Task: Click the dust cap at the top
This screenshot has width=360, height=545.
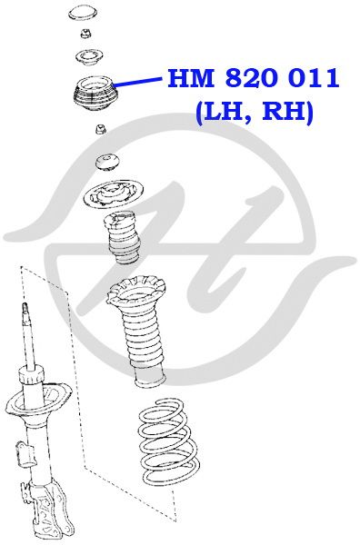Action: (83, 13)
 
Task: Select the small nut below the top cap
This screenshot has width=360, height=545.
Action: (85, 34)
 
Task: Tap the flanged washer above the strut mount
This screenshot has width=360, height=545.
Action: (90, 58)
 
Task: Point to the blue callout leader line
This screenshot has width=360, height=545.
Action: (138, 82)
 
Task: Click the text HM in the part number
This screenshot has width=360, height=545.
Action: (191, 78)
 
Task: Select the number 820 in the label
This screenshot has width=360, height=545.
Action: (252, 78)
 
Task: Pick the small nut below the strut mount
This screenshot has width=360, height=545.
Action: (101, 129)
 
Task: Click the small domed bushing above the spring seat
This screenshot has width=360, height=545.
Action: (108, 163)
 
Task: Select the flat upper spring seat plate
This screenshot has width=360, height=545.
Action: (114, 194)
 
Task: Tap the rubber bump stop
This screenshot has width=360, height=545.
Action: (122, 238)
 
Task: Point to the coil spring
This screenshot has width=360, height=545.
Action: (169, 442)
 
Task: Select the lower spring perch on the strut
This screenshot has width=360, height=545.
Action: (38, 401)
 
